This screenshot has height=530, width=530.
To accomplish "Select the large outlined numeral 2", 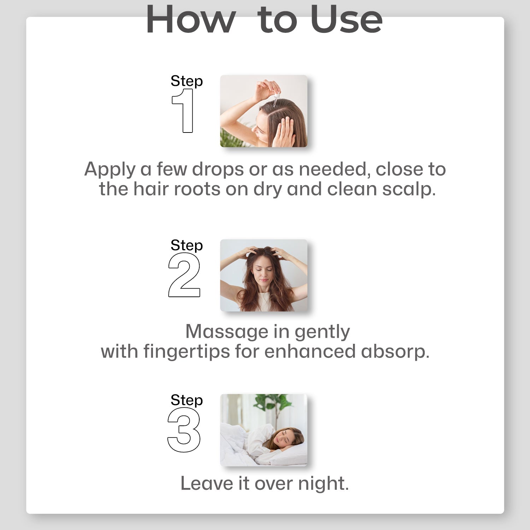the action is click(184, 275).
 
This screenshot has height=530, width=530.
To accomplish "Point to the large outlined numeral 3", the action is click(184, 430).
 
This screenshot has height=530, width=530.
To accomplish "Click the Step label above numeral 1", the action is click(187, 81).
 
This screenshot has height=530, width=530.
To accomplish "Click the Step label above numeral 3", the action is click(187, 400).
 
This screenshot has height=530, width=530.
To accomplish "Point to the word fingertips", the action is click(187, 352).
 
